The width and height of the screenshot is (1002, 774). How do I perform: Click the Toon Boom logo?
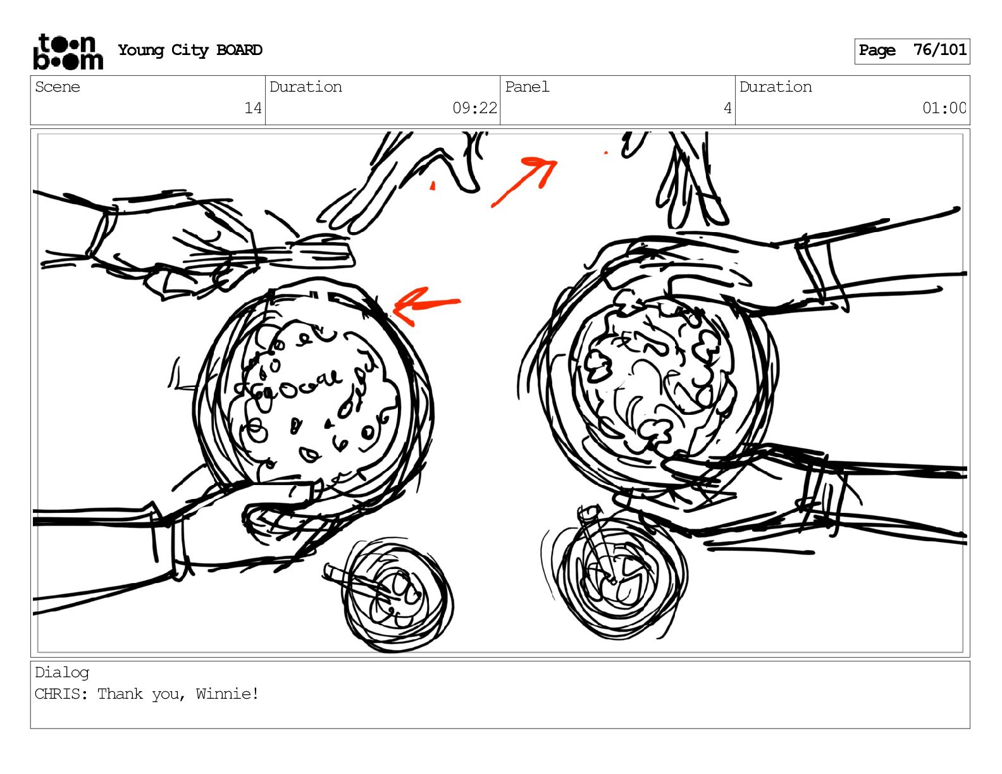tap(68, 52)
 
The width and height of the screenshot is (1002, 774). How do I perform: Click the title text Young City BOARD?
tap(190, 50)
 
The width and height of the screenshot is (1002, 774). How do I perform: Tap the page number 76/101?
tap(939, 49)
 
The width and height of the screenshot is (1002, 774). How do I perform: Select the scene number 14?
tap(252, 108)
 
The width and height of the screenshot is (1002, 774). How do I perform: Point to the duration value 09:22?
tap(474, 108)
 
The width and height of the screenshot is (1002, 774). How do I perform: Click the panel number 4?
tap(727, 108)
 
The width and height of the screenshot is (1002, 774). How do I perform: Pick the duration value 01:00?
tap(944, 108)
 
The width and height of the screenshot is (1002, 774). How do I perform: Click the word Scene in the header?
tap(58, 87)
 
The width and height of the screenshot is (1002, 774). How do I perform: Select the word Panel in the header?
tap(527, 87)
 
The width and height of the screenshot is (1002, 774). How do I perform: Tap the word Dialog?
tap(62, 673)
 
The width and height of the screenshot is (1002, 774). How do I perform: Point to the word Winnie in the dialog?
tap(223, 694)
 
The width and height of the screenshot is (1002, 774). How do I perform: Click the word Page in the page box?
tap(877, 50)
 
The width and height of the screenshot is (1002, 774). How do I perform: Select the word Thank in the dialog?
tap(120, 694)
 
